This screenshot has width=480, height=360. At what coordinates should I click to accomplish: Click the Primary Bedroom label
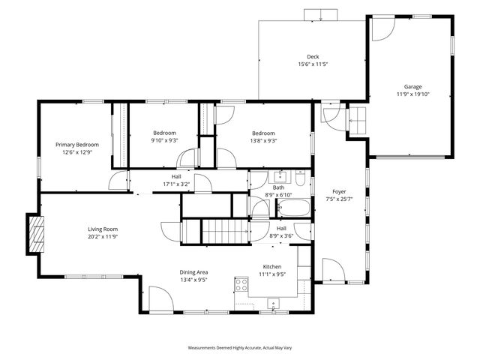(x=77, y=144)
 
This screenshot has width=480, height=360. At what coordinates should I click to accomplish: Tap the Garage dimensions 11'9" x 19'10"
(x=413, y=94)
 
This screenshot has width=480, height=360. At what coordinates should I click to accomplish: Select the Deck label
(x=312, y=57)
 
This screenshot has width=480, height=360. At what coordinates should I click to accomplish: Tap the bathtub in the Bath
(x=286, y=208)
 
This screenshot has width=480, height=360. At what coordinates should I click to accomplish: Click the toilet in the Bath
(x=300, y=178)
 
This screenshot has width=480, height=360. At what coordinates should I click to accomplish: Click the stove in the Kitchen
(x=242, y=284)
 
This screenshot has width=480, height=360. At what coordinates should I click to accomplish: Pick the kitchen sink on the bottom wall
(x=273, y=303)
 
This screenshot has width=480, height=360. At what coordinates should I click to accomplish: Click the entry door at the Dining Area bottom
(x=160, y=298)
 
